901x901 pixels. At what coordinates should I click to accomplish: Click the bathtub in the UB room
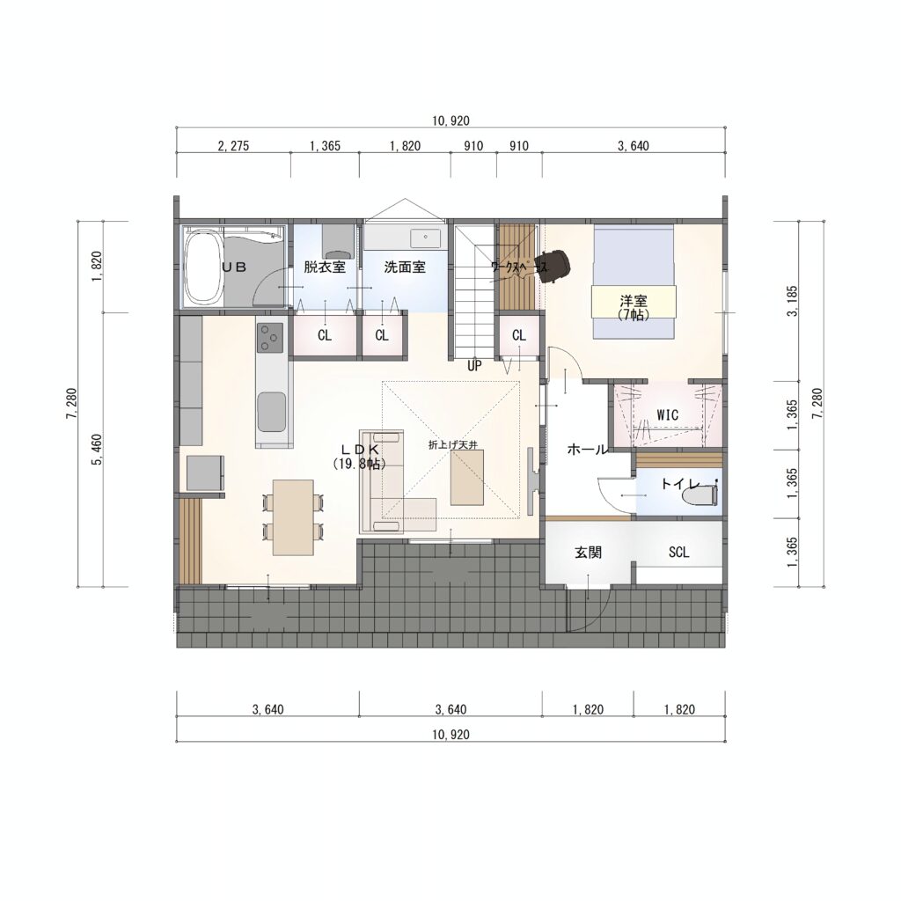click(203, 267)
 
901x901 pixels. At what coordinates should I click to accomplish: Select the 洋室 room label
click(634, 301)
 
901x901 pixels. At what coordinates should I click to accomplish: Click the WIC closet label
click(667, 415)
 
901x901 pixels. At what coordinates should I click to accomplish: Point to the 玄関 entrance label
click(589, 553)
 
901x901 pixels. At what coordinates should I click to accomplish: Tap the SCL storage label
click(678, 553)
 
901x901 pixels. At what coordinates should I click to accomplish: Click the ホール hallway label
click(587, 450)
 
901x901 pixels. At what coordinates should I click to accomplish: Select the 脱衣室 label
click(325, 267)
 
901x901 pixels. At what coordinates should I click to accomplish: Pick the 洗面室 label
click(405, 267)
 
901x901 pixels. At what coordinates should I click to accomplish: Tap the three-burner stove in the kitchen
click(271, 337)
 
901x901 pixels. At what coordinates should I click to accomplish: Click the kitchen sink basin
click(271, 412)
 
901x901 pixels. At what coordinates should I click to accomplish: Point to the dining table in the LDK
click(293, 517)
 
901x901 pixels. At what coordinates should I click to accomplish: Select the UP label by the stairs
click(474, 365)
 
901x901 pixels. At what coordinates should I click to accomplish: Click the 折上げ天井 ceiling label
click(453, 444)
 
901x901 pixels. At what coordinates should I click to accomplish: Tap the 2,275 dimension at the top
click(233, 146)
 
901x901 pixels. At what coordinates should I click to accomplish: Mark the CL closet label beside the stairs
click(519, 335)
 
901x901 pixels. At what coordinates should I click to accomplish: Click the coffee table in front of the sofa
click(467, 478)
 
